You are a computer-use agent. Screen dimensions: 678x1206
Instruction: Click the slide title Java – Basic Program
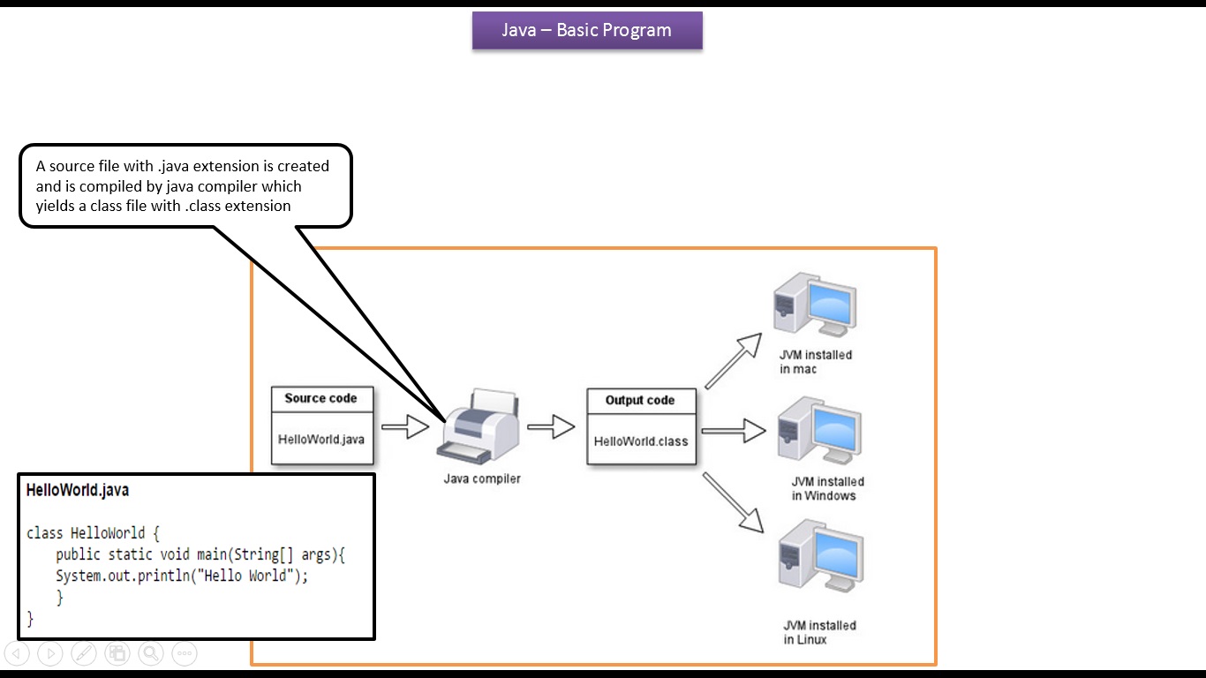(587, 30)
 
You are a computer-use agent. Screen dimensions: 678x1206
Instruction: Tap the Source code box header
(320, 398)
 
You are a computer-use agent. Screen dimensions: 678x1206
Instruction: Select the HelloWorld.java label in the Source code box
(320, 439)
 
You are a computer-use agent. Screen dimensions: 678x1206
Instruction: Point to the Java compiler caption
(482, 478)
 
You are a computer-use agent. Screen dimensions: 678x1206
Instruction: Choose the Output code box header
(640, 400)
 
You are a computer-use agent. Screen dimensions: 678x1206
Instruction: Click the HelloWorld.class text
(640, 441)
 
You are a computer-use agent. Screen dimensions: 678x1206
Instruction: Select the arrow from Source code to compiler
(404, 428)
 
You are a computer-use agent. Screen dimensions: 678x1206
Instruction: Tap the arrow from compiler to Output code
(551, 428)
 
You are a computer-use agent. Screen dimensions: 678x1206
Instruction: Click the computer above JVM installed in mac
(813, 305)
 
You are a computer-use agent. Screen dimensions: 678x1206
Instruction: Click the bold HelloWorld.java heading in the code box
(78, 490)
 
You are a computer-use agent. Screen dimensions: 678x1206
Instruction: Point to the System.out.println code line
(182, 576)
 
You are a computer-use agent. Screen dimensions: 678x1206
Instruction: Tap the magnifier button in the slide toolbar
(151, 653)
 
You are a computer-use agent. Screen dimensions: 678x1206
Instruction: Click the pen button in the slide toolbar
(84, 653)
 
